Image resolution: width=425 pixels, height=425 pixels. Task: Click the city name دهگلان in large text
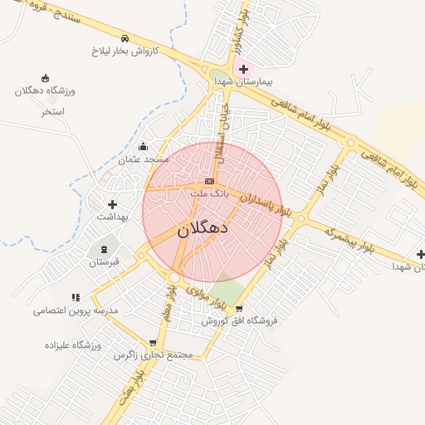tap(203, 228)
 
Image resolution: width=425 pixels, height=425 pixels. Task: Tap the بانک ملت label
tap(208, 193)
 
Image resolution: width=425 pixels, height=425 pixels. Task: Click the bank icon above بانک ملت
tap(209, 181)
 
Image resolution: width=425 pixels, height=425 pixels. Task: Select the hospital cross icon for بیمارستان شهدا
tap(242, 69)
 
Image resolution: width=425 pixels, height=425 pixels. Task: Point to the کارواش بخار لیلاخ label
tap(125, 51)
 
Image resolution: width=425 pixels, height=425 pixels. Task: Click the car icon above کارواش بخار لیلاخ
tap(125, 38)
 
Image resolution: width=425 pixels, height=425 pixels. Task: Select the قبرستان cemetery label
tap(105, 261)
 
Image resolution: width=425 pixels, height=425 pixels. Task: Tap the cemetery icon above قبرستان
tap(105, 249)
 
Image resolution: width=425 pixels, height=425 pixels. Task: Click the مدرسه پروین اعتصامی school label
tap(76, 310)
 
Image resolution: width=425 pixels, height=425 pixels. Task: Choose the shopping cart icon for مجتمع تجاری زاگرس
tap(153, 343)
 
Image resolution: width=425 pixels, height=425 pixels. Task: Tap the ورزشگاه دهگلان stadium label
tap(46, 90)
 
